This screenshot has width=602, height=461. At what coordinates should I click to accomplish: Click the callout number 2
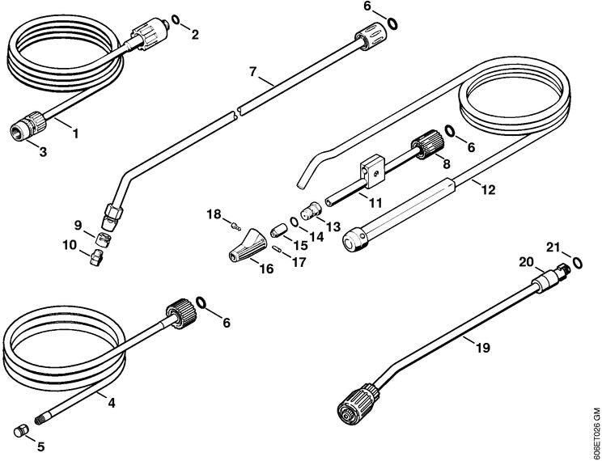point(195,35)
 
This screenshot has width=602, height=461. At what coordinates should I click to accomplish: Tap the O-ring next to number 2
point(176,19)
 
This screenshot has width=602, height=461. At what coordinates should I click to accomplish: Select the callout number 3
point(43,152)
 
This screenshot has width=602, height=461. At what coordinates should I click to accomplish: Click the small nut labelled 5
point(21,431)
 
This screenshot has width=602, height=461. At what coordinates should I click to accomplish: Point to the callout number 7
point(252,71)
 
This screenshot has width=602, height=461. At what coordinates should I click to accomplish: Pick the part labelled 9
point(103,239)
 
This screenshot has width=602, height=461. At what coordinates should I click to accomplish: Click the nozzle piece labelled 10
point(96,257)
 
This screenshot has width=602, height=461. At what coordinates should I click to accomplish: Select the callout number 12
point(489,190)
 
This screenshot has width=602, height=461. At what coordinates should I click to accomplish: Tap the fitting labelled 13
point(311,210)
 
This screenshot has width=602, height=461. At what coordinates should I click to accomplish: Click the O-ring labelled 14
point(294,222)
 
